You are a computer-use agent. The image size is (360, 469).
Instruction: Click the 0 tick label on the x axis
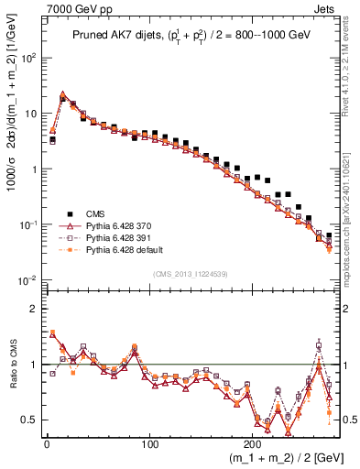tap(46, 442)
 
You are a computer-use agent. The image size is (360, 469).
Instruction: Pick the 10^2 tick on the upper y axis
tap(30, 57)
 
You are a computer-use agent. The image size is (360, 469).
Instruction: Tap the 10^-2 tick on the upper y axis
tap(30, 280)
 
